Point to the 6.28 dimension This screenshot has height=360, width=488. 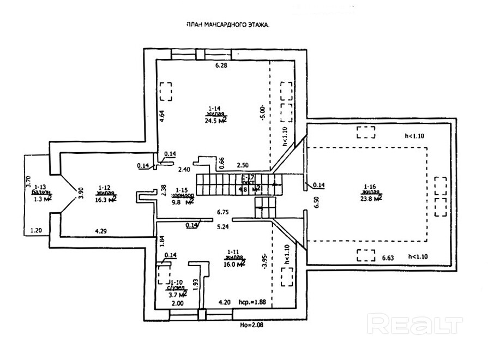pos(220,65)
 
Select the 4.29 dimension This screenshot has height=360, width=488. pos(100,231)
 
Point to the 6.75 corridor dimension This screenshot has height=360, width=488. pos(222,213)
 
